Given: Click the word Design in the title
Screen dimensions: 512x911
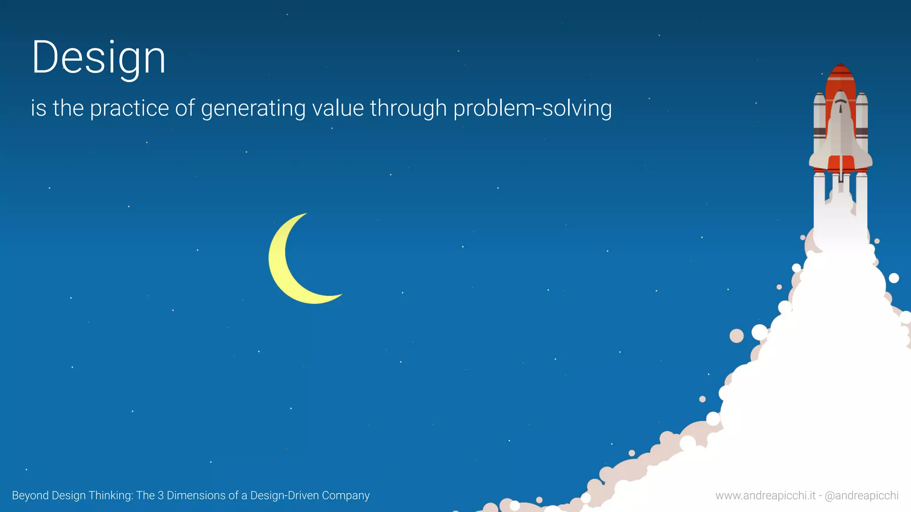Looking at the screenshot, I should tap(99, 58).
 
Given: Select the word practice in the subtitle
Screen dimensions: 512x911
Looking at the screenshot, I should tap(129, 108).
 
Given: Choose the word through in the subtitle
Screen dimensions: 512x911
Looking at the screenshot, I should tap(408, 108).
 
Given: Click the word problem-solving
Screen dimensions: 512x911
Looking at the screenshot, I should tap(532, 108).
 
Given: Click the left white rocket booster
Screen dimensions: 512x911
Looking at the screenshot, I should tap(819, 124).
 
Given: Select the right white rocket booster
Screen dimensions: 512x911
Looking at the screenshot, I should tap(862, 124).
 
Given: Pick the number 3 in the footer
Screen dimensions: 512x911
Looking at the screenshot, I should tap(161, 496).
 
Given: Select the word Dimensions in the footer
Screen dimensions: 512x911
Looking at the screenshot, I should tap(196, 496).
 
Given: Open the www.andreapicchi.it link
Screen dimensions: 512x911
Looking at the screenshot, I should tap(765, 496).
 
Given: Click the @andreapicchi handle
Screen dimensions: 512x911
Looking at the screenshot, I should tap(862, 496).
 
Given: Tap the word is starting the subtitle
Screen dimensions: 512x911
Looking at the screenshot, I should tap(38, 108).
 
